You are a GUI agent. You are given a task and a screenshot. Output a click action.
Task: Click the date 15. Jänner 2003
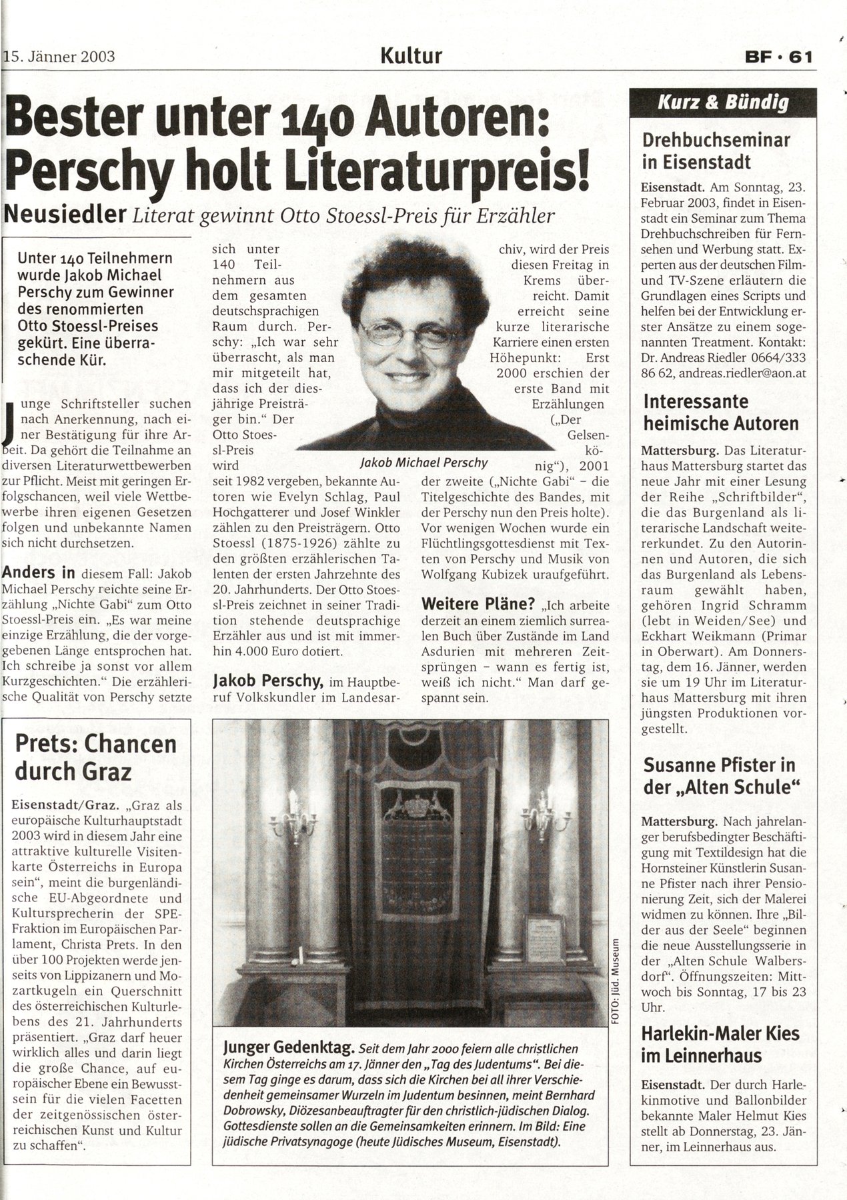[60, 56]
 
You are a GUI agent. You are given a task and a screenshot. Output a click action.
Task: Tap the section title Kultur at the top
[411, 55]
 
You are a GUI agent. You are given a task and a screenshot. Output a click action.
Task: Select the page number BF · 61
[778, 57]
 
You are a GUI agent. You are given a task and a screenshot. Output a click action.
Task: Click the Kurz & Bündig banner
[723, 103]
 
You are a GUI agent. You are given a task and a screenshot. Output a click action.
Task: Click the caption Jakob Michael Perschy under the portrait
[423, 462]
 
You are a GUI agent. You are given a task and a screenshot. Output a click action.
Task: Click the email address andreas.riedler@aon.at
[747, 373]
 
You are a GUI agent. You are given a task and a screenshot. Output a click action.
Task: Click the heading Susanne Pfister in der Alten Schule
[720, 776]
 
